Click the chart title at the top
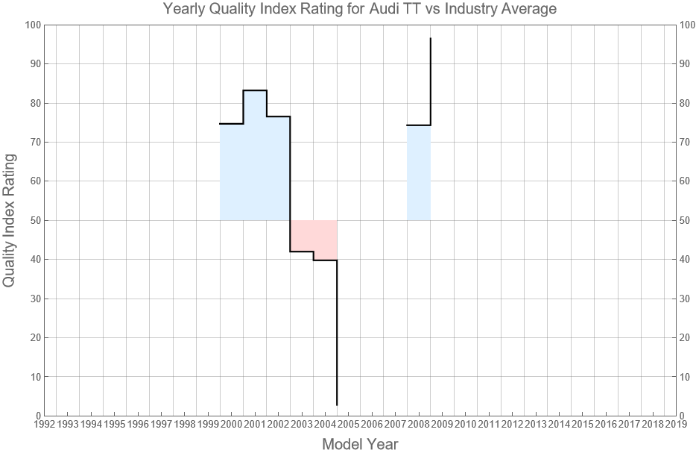[360, 10]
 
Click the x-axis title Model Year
[360, 444]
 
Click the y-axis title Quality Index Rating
[10, 220]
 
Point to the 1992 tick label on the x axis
[44, 425]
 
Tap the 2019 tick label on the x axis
[676, 425]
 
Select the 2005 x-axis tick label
[348, 425]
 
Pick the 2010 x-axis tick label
[465, 425]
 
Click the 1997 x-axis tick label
[161, 425]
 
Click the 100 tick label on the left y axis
[32, 25]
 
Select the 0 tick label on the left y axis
[37, 416]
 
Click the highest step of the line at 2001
[255, 90]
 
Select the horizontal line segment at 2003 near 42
[301, 252]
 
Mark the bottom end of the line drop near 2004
[337, 404]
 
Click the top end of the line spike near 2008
[430, 39]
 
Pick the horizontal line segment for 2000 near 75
[231, 124]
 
